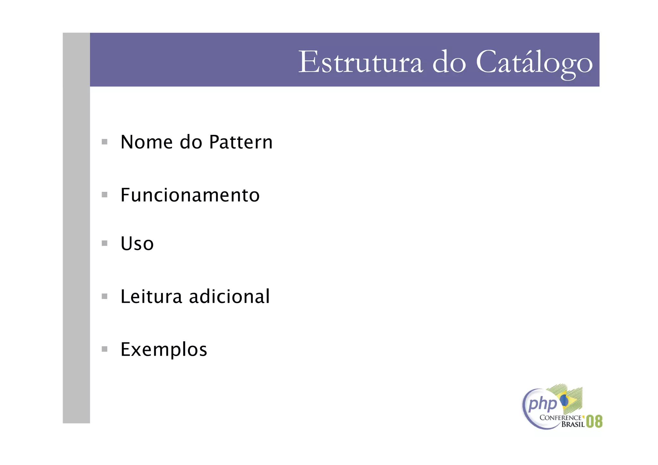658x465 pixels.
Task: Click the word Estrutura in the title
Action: (x=360, y=62)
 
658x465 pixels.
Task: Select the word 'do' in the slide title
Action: (x=449, y=62)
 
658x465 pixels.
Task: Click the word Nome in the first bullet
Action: (x=147, y=142)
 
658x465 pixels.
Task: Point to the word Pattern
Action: (x=241, y=142)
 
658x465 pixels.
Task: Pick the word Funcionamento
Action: (x=190, y=195)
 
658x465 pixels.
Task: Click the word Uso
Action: (x=137, y=244)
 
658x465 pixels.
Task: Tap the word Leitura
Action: (x=151, y=296)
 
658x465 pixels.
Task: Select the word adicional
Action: (x=229, y=296)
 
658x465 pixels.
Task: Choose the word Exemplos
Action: (x=164, y=350)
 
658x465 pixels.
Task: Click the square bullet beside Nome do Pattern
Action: (x=104, y=142)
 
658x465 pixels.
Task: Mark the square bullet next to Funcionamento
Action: (x=104, y=195)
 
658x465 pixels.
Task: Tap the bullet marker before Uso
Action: (x=104, y=243)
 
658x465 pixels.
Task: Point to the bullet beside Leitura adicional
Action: (x=104, y=296)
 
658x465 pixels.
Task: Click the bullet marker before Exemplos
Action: (x=104, y=349)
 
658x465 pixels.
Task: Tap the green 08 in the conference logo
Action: (x=594, y=421)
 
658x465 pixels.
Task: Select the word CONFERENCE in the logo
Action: (x=561, y=418)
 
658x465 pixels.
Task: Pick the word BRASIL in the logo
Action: (x=573, y=425)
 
